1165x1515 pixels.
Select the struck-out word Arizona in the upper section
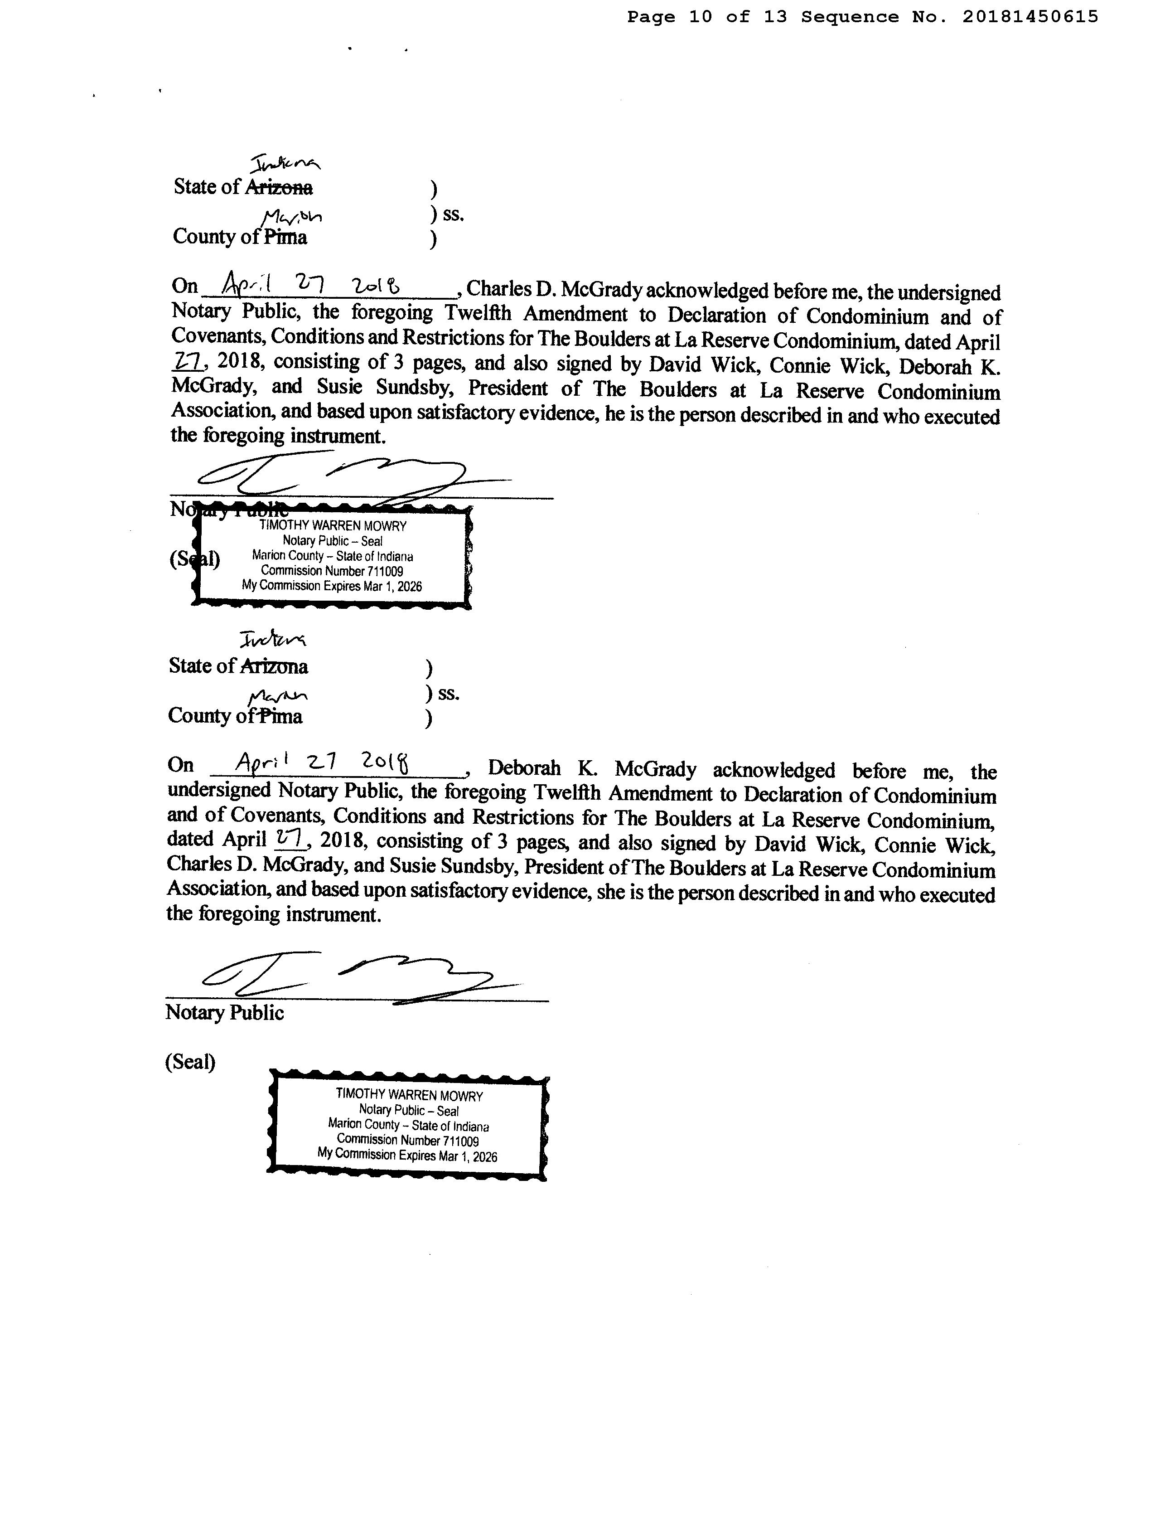point(278,187)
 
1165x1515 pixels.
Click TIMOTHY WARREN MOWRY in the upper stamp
point(333,526)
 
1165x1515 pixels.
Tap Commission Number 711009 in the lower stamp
point(408,1140)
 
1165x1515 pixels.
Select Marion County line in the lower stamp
point(408,1125)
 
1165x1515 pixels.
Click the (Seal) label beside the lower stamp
point(190,1062)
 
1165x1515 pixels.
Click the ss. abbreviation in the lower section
point(449,693)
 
